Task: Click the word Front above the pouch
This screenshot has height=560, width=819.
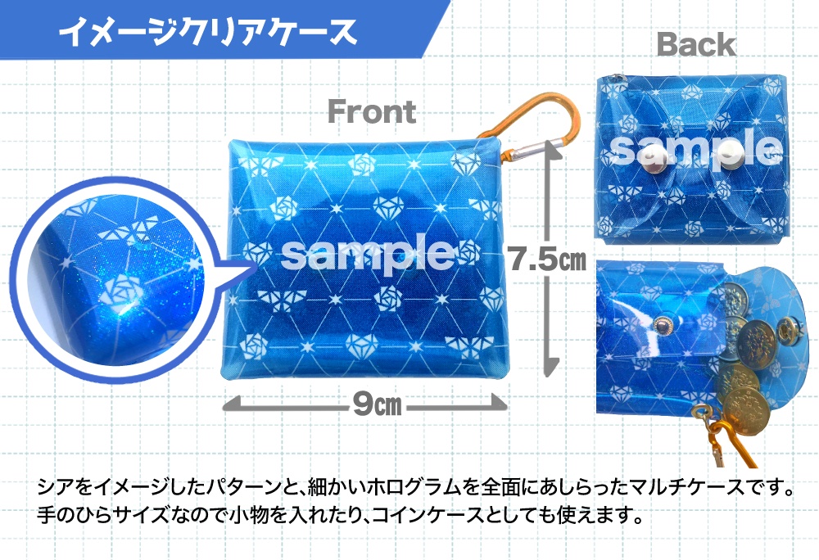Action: coord(372,112)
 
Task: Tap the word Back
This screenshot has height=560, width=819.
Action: coord(696,45)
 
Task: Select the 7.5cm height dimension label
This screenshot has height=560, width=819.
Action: coord(545,260)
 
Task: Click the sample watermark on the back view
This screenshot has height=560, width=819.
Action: coord(696,150)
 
